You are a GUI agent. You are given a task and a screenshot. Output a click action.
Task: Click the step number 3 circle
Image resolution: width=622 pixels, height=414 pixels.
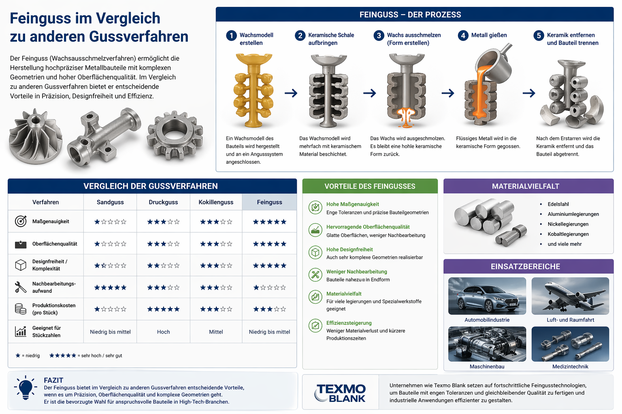click(379, 36)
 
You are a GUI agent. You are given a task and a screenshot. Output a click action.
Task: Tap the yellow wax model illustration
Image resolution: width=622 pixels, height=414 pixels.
click(253, 90)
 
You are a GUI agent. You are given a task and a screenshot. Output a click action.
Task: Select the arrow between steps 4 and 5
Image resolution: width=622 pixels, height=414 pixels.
click(529, 93)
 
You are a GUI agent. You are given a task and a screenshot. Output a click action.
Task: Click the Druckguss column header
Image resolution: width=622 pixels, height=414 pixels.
click(163, 202)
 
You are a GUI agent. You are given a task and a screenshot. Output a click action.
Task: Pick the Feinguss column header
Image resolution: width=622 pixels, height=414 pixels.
click(269, 202)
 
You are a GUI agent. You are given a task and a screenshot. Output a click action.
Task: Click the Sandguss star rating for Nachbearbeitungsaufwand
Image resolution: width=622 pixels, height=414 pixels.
click(110, 287)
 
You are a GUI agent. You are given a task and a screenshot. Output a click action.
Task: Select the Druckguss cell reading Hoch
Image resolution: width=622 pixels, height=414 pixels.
click(163, 332)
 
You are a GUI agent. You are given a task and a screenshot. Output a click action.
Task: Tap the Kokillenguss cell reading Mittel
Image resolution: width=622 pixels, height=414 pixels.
click(216, 332)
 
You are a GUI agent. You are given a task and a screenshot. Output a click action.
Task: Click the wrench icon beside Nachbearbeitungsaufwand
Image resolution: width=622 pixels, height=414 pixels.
click(21, 287)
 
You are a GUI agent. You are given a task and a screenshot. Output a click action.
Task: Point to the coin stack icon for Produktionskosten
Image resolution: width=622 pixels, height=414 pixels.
click(21, 308)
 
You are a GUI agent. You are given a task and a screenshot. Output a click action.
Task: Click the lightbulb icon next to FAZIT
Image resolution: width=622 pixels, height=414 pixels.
click(26, 388)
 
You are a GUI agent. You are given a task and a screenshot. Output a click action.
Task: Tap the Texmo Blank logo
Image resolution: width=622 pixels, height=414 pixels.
click(340, 393)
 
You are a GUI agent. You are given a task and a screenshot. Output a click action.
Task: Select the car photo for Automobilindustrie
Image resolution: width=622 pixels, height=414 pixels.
click(487, 296)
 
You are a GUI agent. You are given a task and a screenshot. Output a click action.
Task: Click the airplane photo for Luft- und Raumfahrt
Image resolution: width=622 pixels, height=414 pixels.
click(570, 296)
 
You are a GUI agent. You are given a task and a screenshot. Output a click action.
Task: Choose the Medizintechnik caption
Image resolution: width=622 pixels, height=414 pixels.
click(570, 367)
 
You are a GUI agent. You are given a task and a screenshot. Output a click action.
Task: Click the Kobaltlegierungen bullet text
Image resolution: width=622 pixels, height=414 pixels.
click(568, 234)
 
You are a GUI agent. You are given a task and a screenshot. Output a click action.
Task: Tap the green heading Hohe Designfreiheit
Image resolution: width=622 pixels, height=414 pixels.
click(349, 249)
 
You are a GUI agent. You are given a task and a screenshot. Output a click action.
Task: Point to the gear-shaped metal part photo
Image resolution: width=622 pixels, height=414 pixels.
click(175, 135)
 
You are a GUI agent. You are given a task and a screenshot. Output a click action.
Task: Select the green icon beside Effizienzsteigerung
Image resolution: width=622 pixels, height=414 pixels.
click(315, 325)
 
